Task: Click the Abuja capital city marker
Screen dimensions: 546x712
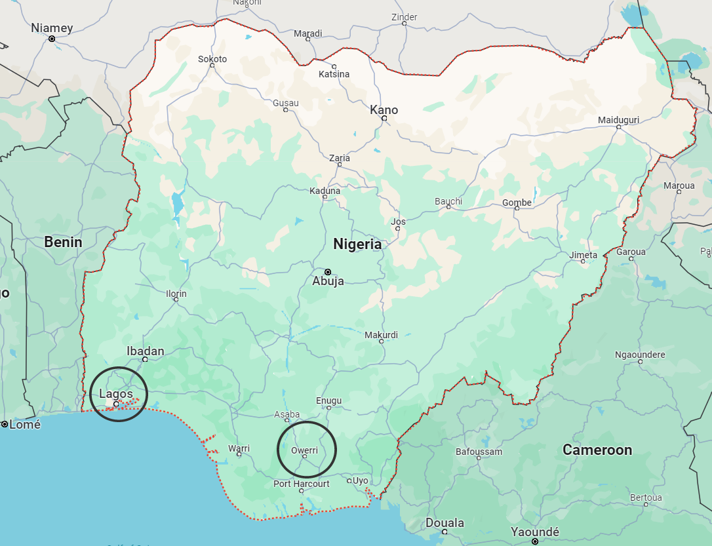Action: pyautogui.click(x=328, y=271)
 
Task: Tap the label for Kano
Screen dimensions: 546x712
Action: pyautogui.click(x=384, y=109)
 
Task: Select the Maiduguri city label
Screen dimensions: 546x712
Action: pyautogui.click(x=618, y=120)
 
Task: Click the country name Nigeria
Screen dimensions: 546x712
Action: pyautogui.click(x=357, y=244)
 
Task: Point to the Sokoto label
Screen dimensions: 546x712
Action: pyautogui.click(x=212, y=59)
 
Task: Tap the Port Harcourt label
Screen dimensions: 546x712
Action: pyautogui.click(x=302, y=484)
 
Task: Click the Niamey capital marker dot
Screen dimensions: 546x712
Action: pyautogui.click(x=52, y=39)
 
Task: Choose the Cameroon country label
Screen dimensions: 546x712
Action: pyautogui.click(x=597, y=450)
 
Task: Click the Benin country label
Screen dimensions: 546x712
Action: pyautogui.click(x=63, y=242)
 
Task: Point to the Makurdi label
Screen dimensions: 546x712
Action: pyautogui.click(x=381, y=335)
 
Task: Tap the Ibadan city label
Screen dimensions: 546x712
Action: pyautogui.click(x=145, y=351)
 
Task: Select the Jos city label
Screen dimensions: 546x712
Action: pyautogui.click(x=398, y=222)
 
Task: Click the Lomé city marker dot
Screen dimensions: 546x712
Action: pyautogui.click(x=5, y=424)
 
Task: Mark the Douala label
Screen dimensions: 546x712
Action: pyautogui.click(x=445, y=522)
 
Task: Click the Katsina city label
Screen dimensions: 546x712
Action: pyautogui.click(x=334, y=74)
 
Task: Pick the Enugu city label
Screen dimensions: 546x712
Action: pyautogui.click(x=328, y=400)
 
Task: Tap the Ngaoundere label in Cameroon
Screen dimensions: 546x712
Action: pyautogui.click(x=640, y=355)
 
